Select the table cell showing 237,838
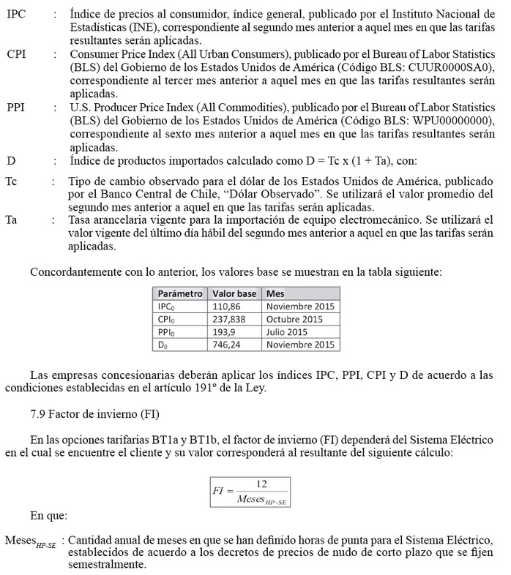click(228, 320)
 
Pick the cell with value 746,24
click(225, 345)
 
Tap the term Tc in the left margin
click(12, 181)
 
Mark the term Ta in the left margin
click(12, 219)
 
